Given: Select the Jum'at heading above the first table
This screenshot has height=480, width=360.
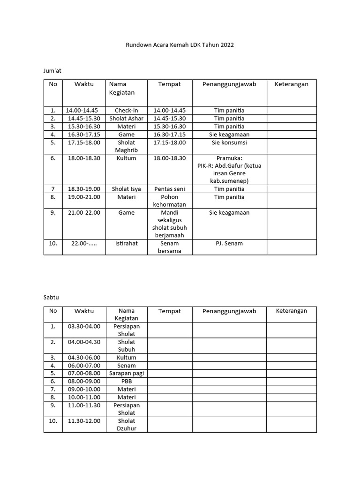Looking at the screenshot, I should [52, 70].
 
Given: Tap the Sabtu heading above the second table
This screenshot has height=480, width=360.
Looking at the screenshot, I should [51, 297].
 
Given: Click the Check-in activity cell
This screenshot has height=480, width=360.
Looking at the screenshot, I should [127, 110].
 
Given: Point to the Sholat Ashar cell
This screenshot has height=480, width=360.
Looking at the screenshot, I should [127, 118].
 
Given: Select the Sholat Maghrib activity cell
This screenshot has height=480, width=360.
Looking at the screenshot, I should [127, 146].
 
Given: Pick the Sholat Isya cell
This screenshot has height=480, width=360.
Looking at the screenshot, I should [127, 189].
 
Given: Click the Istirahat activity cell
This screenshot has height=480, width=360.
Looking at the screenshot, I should [127, 243].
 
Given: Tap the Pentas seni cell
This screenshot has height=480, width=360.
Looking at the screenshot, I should [169, 189].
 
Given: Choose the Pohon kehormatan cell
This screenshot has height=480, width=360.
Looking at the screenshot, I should [169, 201].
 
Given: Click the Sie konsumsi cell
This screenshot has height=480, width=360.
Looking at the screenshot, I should [229, 142].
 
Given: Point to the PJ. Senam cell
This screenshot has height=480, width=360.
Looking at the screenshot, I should [229, 243].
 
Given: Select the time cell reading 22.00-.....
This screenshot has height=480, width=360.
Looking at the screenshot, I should [84, 243].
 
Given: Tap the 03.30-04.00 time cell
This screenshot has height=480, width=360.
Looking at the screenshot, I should [84, 326].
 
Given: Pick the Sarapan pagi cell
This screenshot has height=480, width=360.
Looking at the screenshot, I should [127, 373].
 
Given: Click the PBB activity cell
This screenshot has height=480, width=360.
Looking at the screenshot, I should [127, 381].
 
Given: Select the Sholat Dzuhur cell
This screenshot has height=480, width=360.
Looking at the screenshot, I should [127, 425].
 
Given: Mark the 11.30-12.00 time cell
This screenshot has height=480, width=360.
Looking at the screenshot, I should [84, 421].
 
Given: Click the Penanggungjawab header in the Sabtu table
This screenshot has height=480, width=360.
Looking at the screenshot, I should [229, 311].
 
